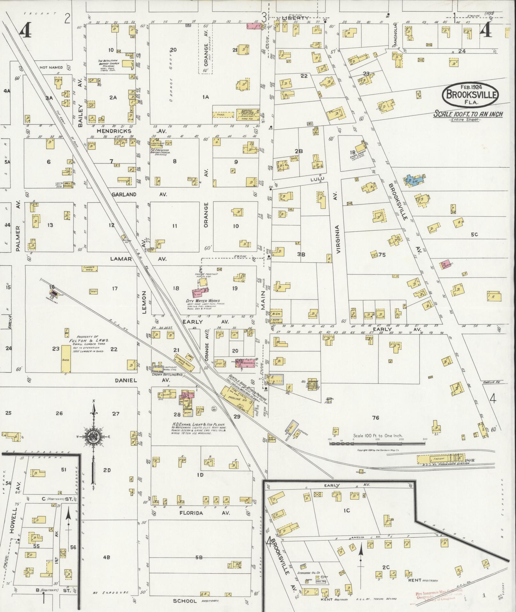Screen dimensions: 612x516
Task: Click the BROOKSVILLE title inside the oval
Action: (470, 95)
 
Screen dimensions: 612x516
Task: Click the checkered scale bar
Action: (377, 443)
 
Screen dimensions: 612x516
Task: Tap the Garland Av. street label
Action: (124, 194)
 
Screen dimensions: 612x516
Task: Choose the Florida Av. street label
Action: (191, 513)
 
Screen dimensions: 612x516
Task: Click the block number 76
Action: (376, 417)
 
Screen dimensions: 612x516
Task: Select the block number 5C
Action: (474, 234)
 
